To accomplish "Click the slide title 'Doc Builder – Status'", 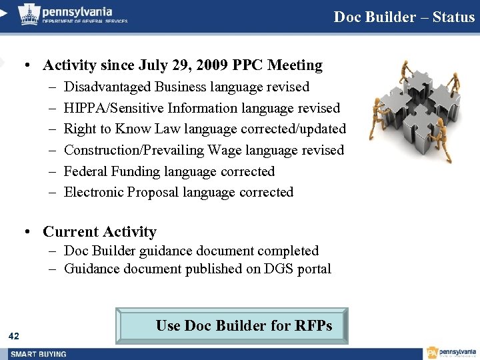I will point(404,17).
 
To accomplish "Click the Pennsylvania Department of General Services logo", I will point(73,13).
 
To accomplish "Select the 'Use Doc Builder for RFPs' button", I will point(232,325).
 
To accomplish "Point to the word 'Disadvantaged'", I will point(107,87).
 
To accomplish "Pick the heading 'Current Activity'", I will point(99,232).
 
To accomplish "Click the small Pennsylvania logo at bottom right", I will point(451,353).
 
